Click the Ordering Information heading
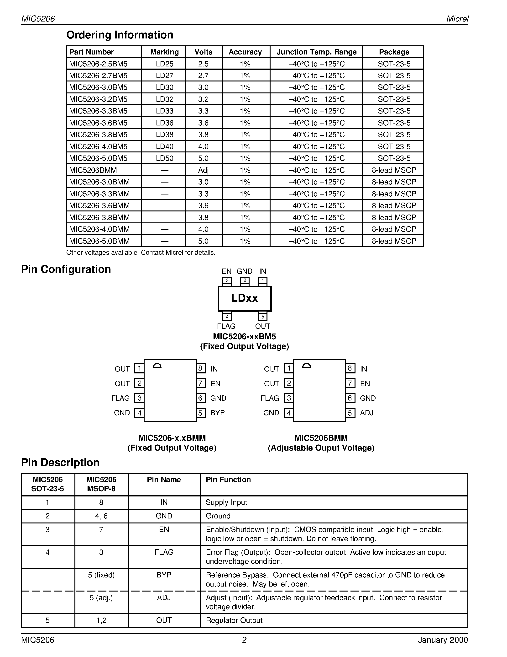[x=120, y=35]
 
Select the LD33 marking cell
[x=165, y=111]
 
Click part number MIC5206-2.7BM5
[x=98, y=75]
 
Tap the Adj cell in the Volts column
[x=203, y=170]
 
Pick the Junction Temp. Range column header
[x=316, y=52]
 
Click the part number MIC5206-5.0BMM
[x=99, y=241]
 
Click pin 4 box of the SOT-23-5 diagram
[x=227, y=317]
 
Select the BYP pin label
[x=217, y=413]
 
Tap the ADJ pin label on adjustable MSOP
[x=366, y=413]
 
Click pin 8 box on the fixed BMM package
[x=201, y=368]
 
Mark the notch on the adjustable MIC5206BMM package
[x=306, y=366]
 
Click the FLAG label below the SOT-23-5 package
[x=226, y=326]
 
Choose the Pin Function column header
[x=228, y=479]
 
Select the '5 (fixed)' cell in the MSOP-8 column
[x=101, y=575]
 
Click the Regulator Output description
[x=234, y=620]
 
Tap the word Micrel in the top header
[x=457, y=19]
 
